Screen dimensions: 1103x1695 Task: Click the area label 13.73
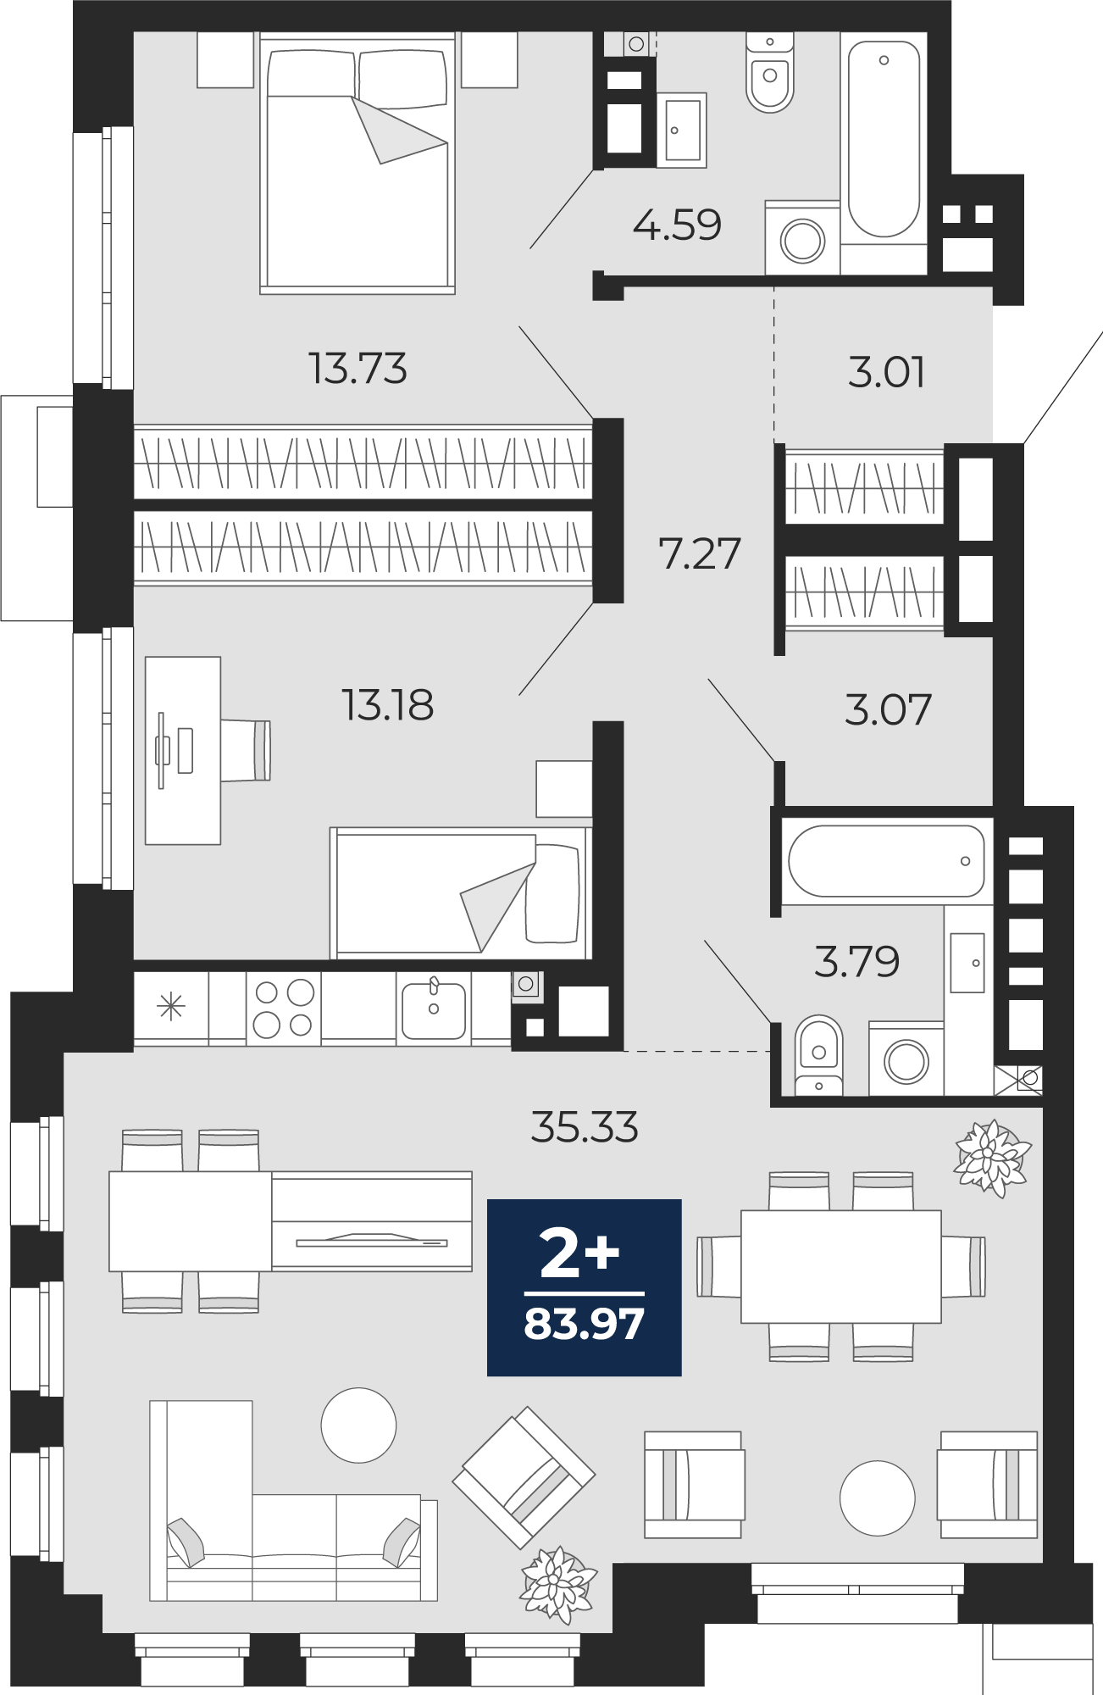(358, 369)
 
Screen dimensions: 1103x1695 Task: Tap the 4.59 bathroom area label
(677, 225)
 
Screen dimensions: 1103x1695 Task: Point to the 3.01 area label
(886, 372)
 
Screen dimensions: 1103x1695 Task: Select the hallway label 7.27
(700, 553)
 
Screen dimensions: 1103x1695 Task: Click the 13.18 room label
(387, 704)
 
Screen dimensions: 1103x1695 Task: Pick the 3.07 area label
(888, 709)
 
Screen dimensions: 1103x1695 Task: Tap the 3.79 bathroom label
(856, 961)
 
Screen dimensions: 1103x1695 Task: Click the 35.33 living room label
(585, 1127)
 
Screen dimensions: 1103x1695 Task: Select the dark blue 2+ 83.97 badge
(585, 1287)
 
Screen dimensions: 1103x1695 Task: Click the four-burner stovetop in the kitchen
(284, 1009)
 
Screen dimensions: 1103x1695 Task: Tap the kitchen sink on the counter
(433, 1009)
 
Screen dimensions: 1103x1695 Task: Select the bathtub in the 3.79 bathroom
(886, 861)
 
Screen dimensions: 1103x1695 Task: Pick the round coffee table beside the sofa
(358, 1425)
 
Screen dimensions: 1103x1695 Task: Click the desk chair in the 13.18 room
(247, 750)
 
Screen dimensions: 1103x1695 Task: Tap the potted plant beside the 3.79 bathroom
(992, 1158)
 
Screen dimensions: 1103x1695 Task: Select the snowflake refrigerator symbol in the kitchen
(171, 1007)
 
